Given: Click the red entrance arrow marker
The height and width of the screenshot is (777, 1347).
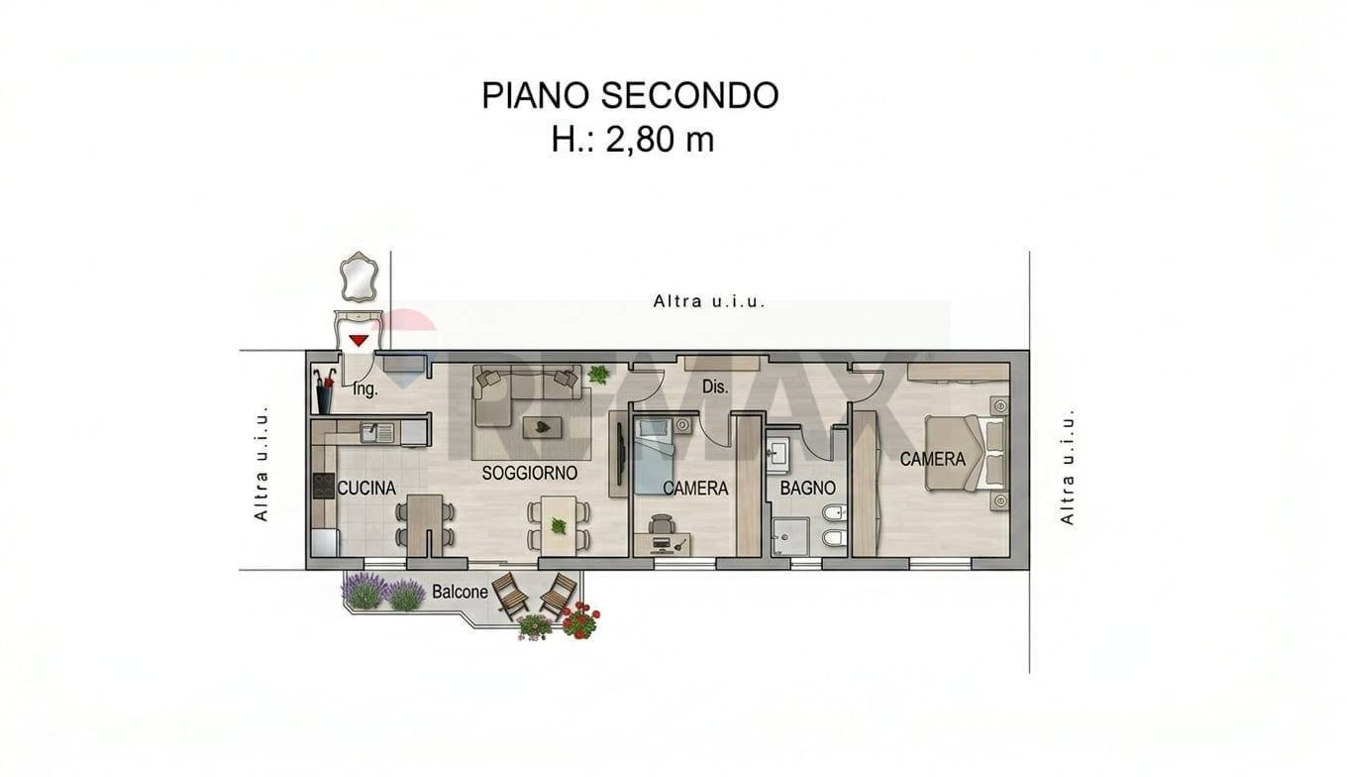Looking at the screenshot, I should pyautogui.click(x=359, y=340).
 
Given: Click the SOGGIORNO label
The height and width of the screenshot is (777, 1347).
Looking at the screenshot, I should pyautogui.click(x=529, y=473).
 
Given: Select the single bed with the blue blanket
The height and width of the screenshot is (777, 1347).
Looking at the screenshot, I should pyautogui.click(x=653, y=454).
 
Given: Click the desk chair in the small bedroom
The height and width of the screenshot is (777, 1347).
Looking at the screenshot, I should pyautogui.click(x=661, y=523).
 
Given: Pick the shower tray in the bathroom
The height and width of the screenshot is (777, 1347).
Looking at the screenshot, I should pyautogui.click(x=790, y=536).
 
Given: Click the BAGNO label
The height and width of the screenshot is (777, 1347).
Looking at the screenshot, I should pyautogui.click(x=807, y=488).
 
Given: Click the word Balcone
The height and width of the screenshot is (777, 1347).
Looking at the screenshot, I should pyautogui.click(x=460, y=592).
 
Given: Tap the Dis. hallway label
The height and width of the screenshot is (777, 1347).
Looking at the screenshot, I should pyautogui.click(x=715, y=387).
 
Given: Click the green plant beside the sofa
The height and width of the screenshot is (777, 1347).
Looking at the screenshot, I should pyautogui.click(x=598, y=375).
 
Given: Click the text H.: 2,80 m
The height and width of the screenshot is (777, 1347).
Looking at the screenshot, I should pyautogui.click(x=632, y=140).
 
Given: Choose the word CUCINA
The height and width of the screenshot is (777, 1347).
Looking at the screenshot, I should pyautogui.click(x=366, y=488).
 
